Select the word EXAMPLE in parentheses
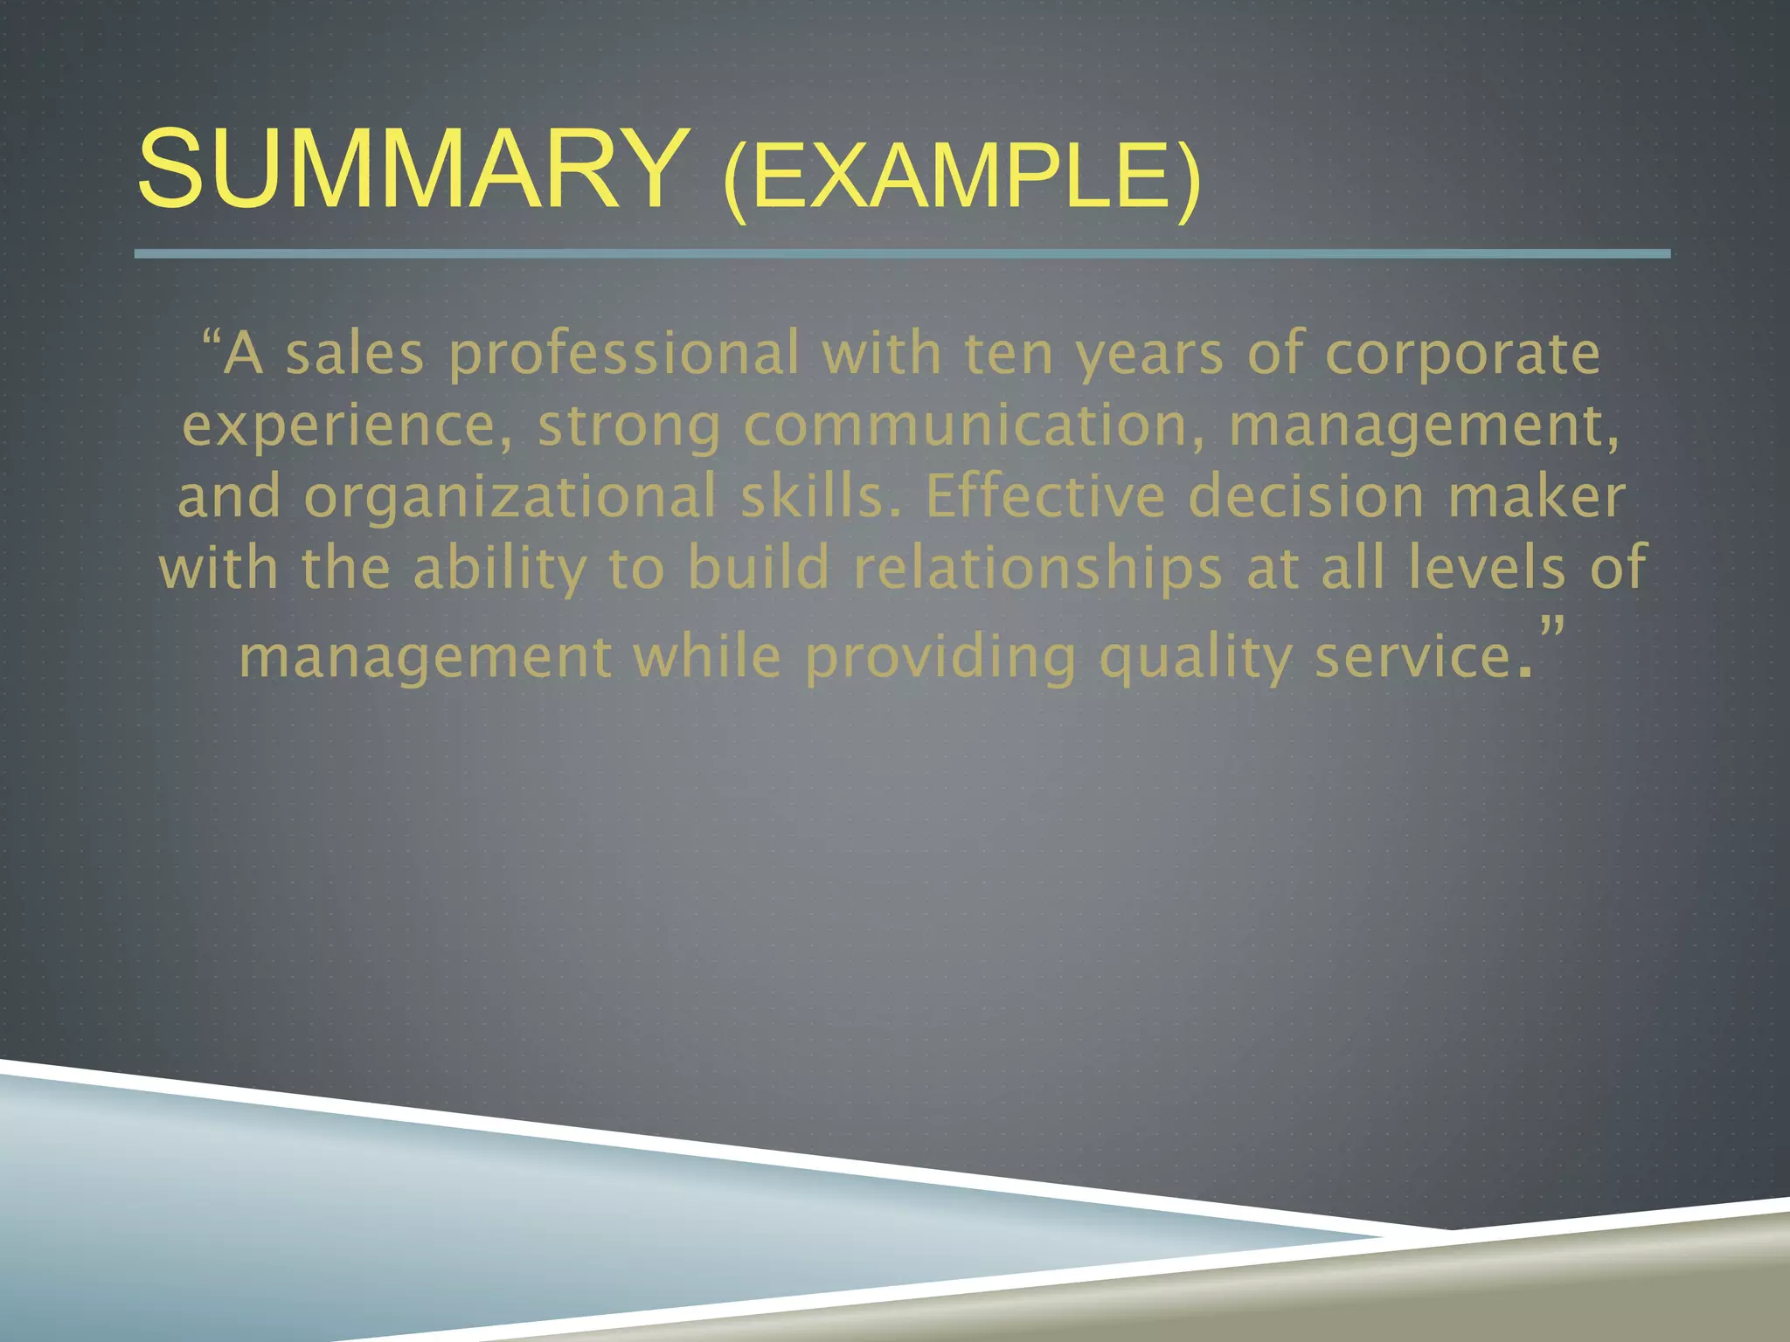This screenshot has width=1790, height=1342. coord(961,179)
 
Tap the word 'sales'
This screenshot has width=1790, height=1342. coord(355,354)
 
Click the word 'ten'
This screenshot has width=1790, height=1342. coord(1009,354)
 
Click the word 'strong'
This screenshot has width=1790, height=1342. coord(629,427)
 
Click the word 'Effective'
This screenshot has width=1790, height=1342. coord(1045,497)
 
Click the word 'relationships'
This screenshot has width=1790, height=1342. coord(1038,569)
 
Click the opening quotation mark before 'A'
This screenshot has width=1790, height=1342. coord(210,337)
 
